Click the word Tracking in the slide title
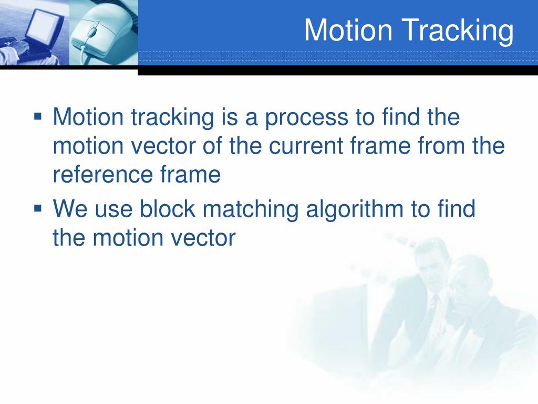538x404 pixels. click(x=459, y=31)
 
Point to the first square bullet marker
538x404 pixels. click(x=38, y=115)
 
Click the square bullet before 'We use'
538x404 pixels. click(x=38, y=208)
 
